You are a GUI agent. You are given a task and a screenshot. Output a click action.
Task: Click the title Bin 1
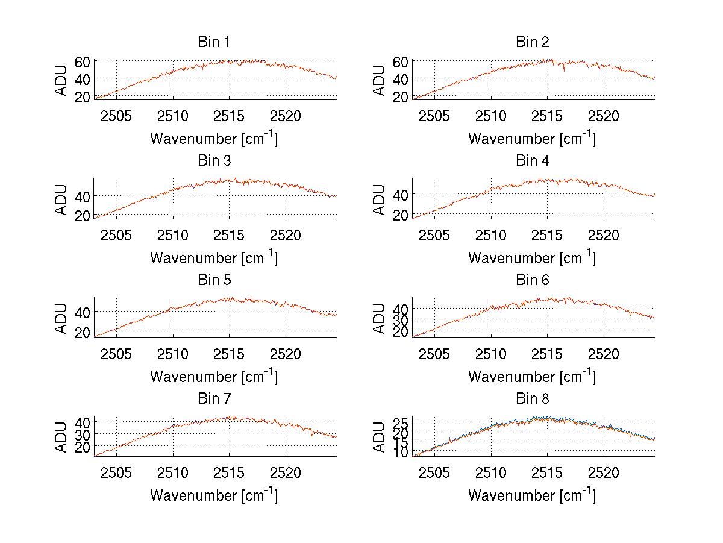pyautogui.click(x=214, y=42)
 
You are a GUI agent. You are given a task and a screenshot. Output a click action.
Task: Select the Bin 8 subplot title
pyautogui.click(x=532, y=399)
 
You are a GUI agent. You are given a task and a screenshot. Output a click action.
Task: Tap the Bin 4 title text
pyautogui.click(x=532, y=161)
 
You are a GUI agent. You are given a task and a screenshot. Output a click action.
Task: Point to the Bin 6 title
pyautogui.click(x=532, y=280)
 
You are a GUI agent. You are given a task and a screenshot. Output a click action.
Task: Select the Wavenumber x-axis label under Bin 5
pyautogui.click(x=214, y=377)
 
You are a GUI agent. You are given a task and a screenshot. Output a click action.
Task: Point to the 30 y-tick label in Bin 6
pyautogui.click(x=400, y=319)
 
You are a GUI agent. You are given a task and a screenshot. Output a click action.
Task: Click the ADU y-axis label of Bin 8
pyautogui.click(x=380, y=437)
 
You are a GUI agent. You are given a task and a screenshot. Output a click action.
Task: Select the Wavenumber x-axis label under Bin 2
pyautogui.click(x=532, y=139)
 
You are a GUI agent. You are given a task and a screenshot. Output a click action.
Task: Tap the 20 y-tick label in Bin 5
pyautogui.click(x=82, y=332)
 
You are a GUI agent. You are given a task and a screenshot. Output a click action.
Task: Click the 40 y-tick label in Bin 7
pyautogui.click(x=82, y=421)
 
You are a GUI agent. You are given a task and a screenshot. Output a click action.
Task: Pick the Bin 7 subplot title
pyautogui.click(x=214, y=399)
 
